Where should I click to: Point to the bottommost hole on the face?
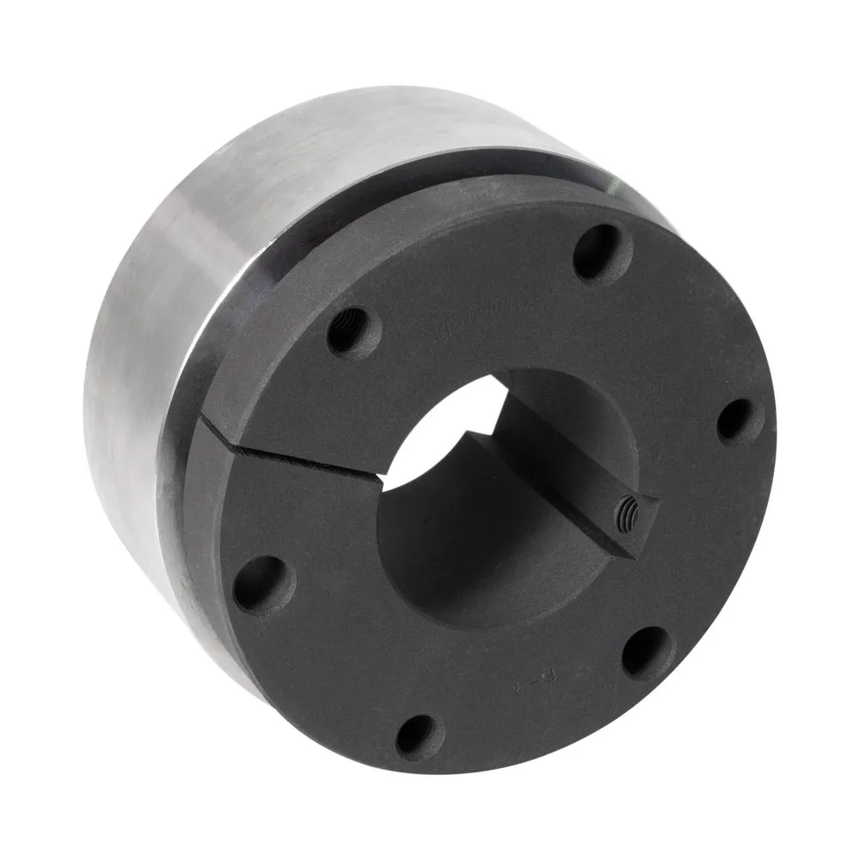[x=419, y=736]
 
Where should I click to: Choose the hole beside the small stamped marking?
[x=647, y=652]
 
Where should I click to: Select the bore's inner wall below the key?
[x=464, y=568]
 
